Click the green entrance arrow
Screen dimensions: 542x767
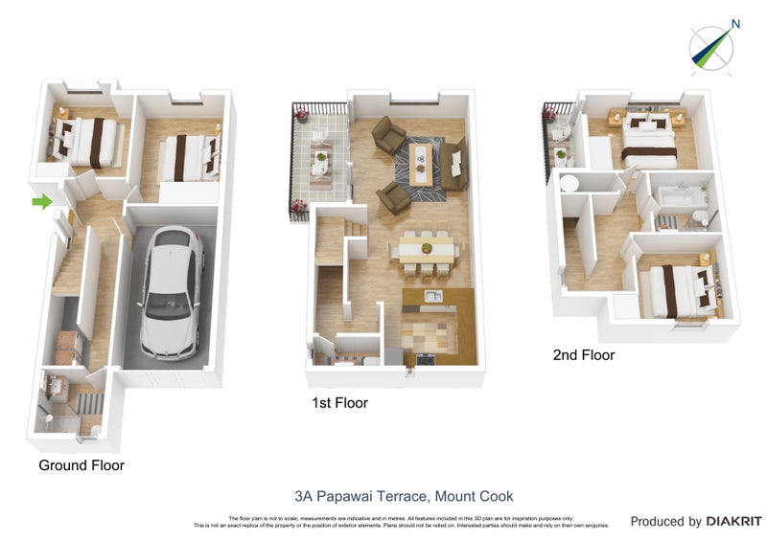[41, 201]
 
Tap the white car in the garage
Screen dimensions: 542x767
[172, 292]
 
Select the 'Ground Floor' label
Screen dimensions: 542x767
[81, 465]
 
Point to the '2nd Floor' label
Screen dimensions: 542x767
[584, 355]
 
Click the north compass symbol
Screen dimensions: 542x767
[711, 48]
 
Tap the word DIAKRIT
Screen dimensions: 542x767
[733, 522]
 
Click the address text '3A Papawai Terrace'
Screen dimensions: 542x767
[361, 496]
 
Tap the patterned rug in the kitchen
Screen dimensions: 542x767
[429, 335]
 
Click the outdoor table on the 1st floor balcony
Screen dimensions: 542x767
[320, 160]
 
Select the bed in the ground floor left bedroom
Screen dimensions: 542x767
[89, 141]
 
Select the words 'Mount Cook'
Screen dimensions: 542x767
[474, 496]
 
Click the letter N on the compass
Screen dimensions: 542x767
[735, 25]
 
